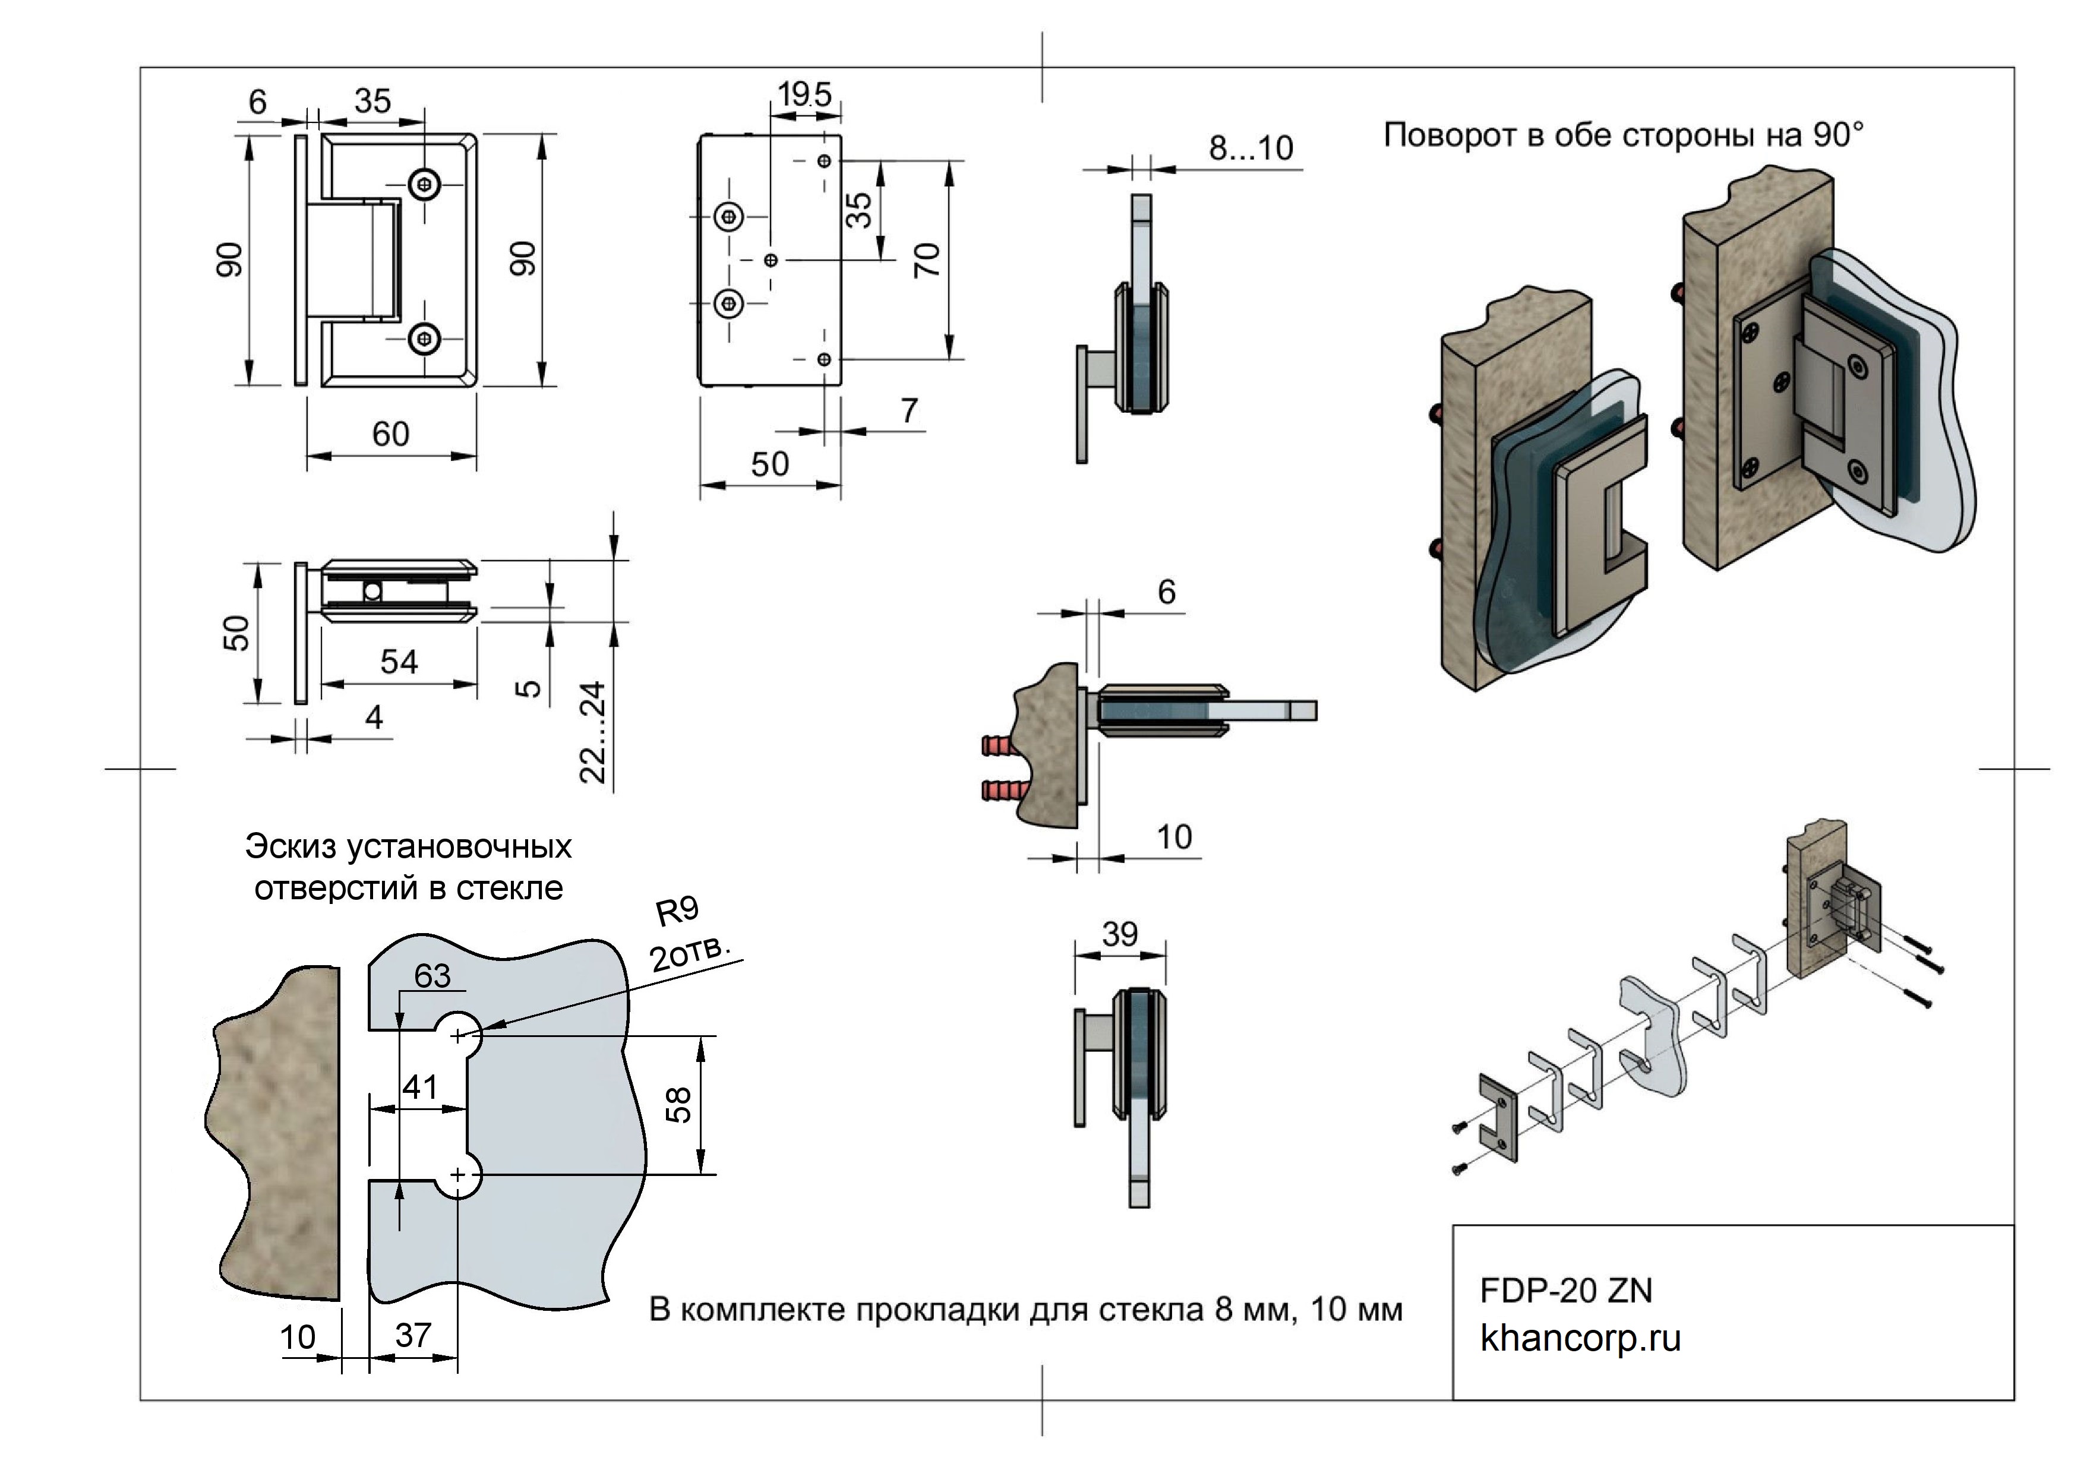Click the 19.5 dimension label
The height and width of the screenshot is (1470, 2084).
pyautogui.click(x=804, y=93)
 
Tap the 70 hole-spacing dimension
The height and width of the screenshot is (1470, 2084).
pyautogui.click(x=927, y=260)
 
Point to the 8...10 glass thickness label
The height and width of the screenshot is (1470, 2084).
pyautogui.click(x=1250, y=148)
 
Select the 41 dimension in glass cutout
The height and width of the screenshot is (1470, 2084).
pyautogui.click(x=420, y=1086)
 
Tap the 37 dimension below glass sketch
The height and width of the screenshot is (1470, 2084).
pyautogui.click(x=413, y=1335)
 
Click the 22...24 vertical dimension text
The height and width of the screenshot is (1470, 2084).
pyautogui.click(x=593, y=732)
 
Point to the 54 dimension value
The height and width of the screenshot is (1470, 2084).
pyautogui.click(x=399, y=662)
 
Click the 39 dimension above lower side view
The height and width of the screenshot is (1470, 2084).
pyautogui.click(x=1119, y=934)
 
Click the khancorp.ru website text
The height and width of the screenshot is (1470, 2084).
pyautogui.click(x=1580, y=1338)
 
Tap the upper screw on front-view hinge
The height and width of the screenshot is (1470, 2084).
pyautogui.click(x=424, y=184)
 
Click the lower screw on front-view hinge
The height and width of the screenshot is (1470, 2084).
pyautogui.click(x=424, y=339)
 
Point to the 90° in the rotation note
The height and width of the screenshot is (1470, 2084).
pyautogui.click(x=1838, y=135)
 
